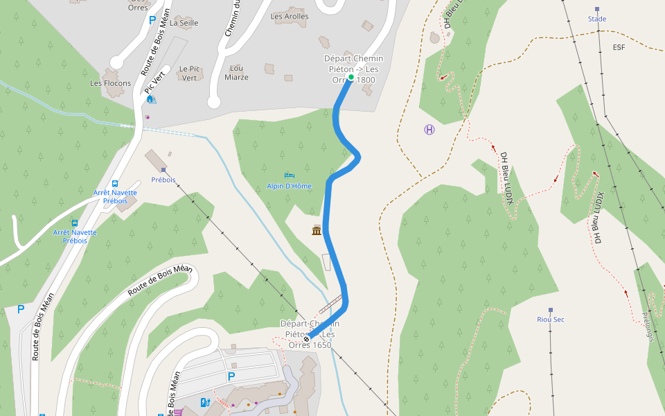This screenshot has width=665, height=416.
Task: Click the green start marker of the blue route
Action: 351,77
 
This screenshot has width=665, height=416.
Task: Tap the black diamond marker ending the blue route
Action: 306,339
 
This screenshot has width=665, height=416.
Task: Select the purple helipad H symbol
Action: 429,130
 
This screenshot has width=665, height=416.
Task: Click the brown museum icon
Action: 317,230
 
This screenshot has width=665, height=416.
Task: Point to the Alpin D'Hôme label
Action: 290,187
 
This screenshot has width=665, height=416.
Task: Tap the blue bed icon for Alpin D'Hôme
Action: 289,175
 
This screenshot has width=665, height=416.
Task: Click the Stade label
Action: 597,19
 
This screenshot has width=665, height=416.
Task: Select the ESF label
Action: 619,47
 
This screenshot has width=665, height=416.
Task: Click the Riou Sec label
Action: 551,320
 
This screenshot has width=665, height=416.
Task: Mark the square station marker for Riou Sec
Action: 551,310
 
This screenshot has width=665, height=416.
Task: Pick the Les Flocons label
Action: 106,83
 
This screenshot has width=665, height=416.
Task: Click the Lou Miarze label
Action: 237,73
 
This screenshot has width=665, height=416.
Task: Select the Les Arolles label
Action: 290,17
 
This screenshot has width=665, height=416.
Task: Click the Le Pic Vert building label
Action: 188,73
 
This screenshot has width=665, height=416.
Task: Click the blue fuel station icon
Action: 204,401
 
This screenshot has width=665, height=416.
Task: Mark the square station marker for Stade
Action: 597,10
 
